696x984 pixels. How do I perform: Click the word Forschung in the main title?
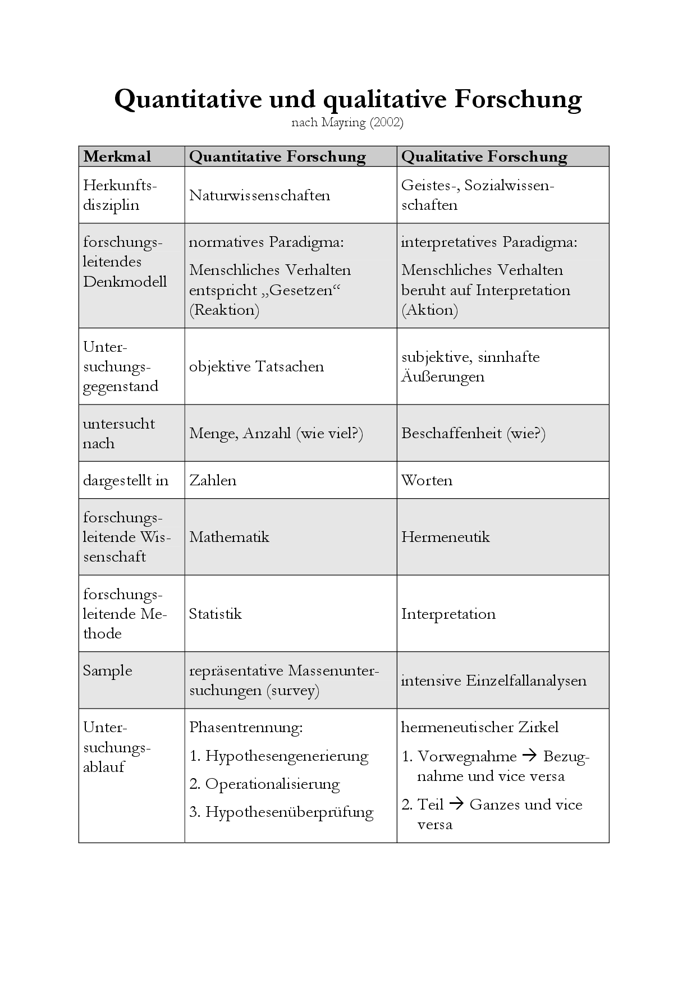pos(518,99)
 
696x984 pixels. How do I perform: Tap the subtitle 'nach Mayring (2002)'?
pos(347,122)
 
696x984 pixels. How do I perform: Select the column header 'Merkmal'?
pos(117,157)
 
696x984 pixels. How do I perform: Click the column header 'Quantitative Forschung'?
pos(277,157)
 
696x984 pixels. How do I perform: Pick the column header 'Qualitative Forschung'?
pos(484,157)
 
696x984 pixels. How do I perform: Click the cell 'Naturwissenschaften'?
pos(259,195)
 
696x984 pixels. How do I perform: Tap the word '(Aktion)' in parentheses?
pos(429,310)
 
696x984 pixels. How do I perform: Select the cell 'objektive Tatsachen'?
pos(257,366)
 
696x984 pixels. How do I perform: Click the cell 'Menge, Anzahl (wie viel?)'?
pos(276,433)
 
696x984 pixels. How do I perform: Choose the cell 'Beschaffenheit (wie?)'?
pos(473,433)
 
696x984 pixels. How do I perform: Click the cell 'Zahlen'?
pos(213,480)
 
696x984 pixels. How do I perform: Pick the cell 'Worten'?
pos(427,480)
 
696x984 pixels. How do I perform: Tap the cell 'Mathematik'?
pos(229,537)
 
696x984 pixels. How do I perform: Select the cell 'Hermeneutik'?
pos(445,537)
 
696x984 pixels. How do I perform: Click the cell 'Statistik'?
pos(215,614)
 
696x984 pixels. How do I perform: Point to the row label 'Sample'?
pos(107,670)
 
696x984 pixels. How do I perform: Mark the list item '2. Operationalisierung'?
pos(264,784)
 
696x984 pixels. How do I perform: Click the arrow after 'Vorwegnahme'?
pos(529,756)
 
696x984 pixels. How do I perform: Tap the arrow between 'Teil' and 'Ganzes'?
pos(456,804)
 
